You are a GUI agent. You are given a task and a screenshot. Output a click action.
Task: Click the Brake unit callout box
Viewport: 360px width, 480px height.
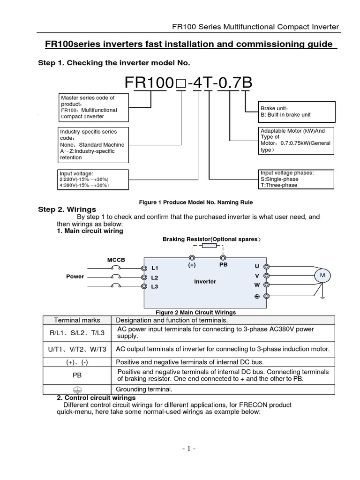click(x=297, y=112)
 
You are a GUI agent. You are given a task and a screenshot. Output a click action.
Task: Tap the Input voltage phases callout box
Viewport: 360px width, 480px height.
click(x=296, y=179)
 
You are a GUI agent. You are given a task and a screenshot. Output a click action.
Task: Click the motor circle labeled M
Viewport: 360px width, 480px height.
click(x=322, y=276)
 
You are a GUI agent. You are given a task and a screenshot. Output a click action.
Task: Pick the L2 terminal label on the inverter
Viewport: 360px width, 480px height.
click(x=155, y=277)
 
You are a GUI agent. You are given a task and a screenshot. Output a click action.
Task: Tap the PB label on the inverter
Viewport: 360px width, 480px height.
click(x=224, y=265)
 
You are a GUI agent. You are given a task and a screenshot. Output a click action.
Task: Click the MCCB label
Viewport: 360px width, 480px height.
click(x=116, y=260)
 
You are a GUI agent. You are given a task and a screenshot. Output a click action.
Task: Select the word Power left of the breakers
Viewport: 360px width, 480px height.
click(x=75, y=277)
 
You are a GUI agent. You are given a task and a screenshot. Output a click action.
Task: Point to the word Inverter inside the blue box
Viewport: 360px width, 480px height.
click(x=205, y=282)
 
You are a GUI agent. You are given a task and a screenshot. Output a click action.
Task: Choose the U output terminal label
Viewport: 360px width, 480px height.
click(x=257, y=266)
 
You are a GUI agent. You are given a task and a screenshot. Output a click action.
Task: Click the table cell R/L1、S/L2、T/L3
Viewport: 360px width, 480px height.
click(x=77, y=333)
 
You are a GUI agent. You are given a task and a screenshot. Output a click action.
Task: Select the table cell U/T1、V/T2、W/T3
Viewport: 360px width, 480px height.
click(x=77, y=349)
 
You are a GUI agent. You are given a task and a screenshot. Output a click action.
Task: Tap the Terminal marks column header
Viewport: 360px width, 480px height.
click(x=77, y=320)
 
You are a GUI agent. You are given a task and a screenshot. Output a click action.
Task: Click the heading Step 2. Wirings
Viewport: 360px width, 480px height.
click(x=67, y=210)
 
